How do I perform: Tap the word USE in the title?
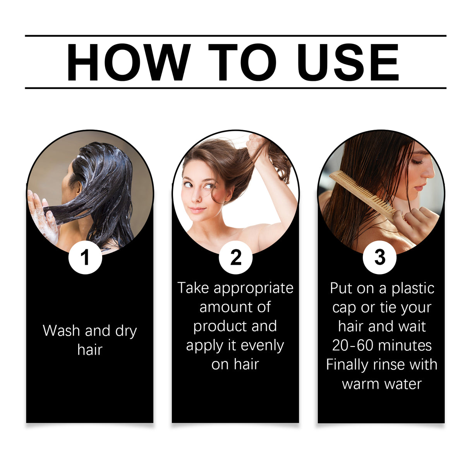coord(348,62)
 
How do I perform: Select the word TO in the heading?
coord(242,62)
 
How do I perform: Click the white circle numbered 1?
coord(85,257)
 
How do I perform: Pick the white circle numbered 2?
coord(235,257)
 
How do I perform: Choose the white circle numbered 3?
coord(379,257)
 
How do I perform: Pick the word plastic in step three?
coord(413,288)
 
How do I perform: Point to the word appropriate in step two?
coord(253,288)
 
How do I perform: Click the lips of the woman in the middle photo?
coord(197,210)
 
